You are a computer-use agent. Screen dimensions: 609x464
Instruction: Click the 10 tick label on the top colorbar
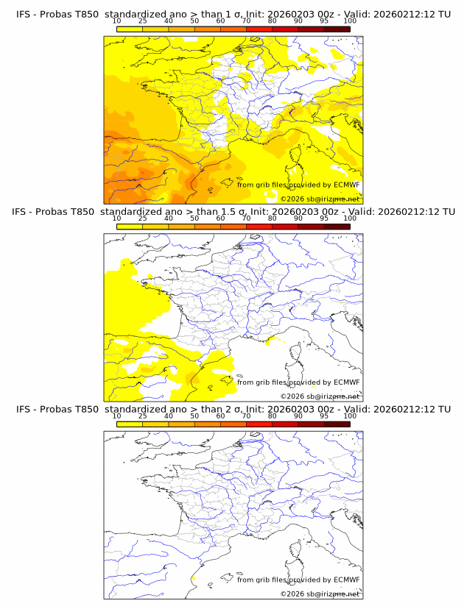117,21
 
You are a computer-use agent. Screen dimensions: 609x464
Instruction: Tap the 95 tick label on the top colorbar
324,21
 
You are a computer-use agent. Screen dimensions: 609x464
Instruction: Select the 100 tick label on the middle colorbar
350,218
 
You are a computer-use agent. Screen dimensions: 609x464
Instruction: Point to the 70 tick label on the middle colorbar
247,218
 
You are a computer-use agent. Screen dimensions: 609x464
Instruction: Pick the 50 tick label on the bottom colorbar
194,416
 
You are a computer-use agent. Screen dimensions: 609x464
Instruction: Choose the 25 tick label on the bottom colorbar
143,416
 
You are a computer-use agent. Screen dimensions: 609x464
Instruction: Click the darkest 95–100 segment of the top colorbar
337,29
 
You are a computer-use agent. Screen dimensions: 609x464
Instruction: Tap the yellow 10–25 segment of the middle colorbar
130,227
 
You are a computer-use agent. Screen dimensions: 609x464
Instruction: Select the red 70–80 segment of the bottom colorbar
259,424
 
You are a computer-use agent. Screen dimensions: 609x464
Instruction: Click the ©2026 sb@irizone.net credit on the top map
320,199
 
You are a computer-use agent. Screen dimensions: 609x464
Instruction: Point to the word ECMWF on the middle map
346,382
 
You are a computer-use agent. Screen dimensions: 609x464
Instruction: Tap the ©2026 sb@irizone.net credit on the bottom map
320,594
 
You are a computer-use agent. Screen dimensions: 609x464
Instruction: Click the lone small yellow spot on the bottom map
191,580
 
